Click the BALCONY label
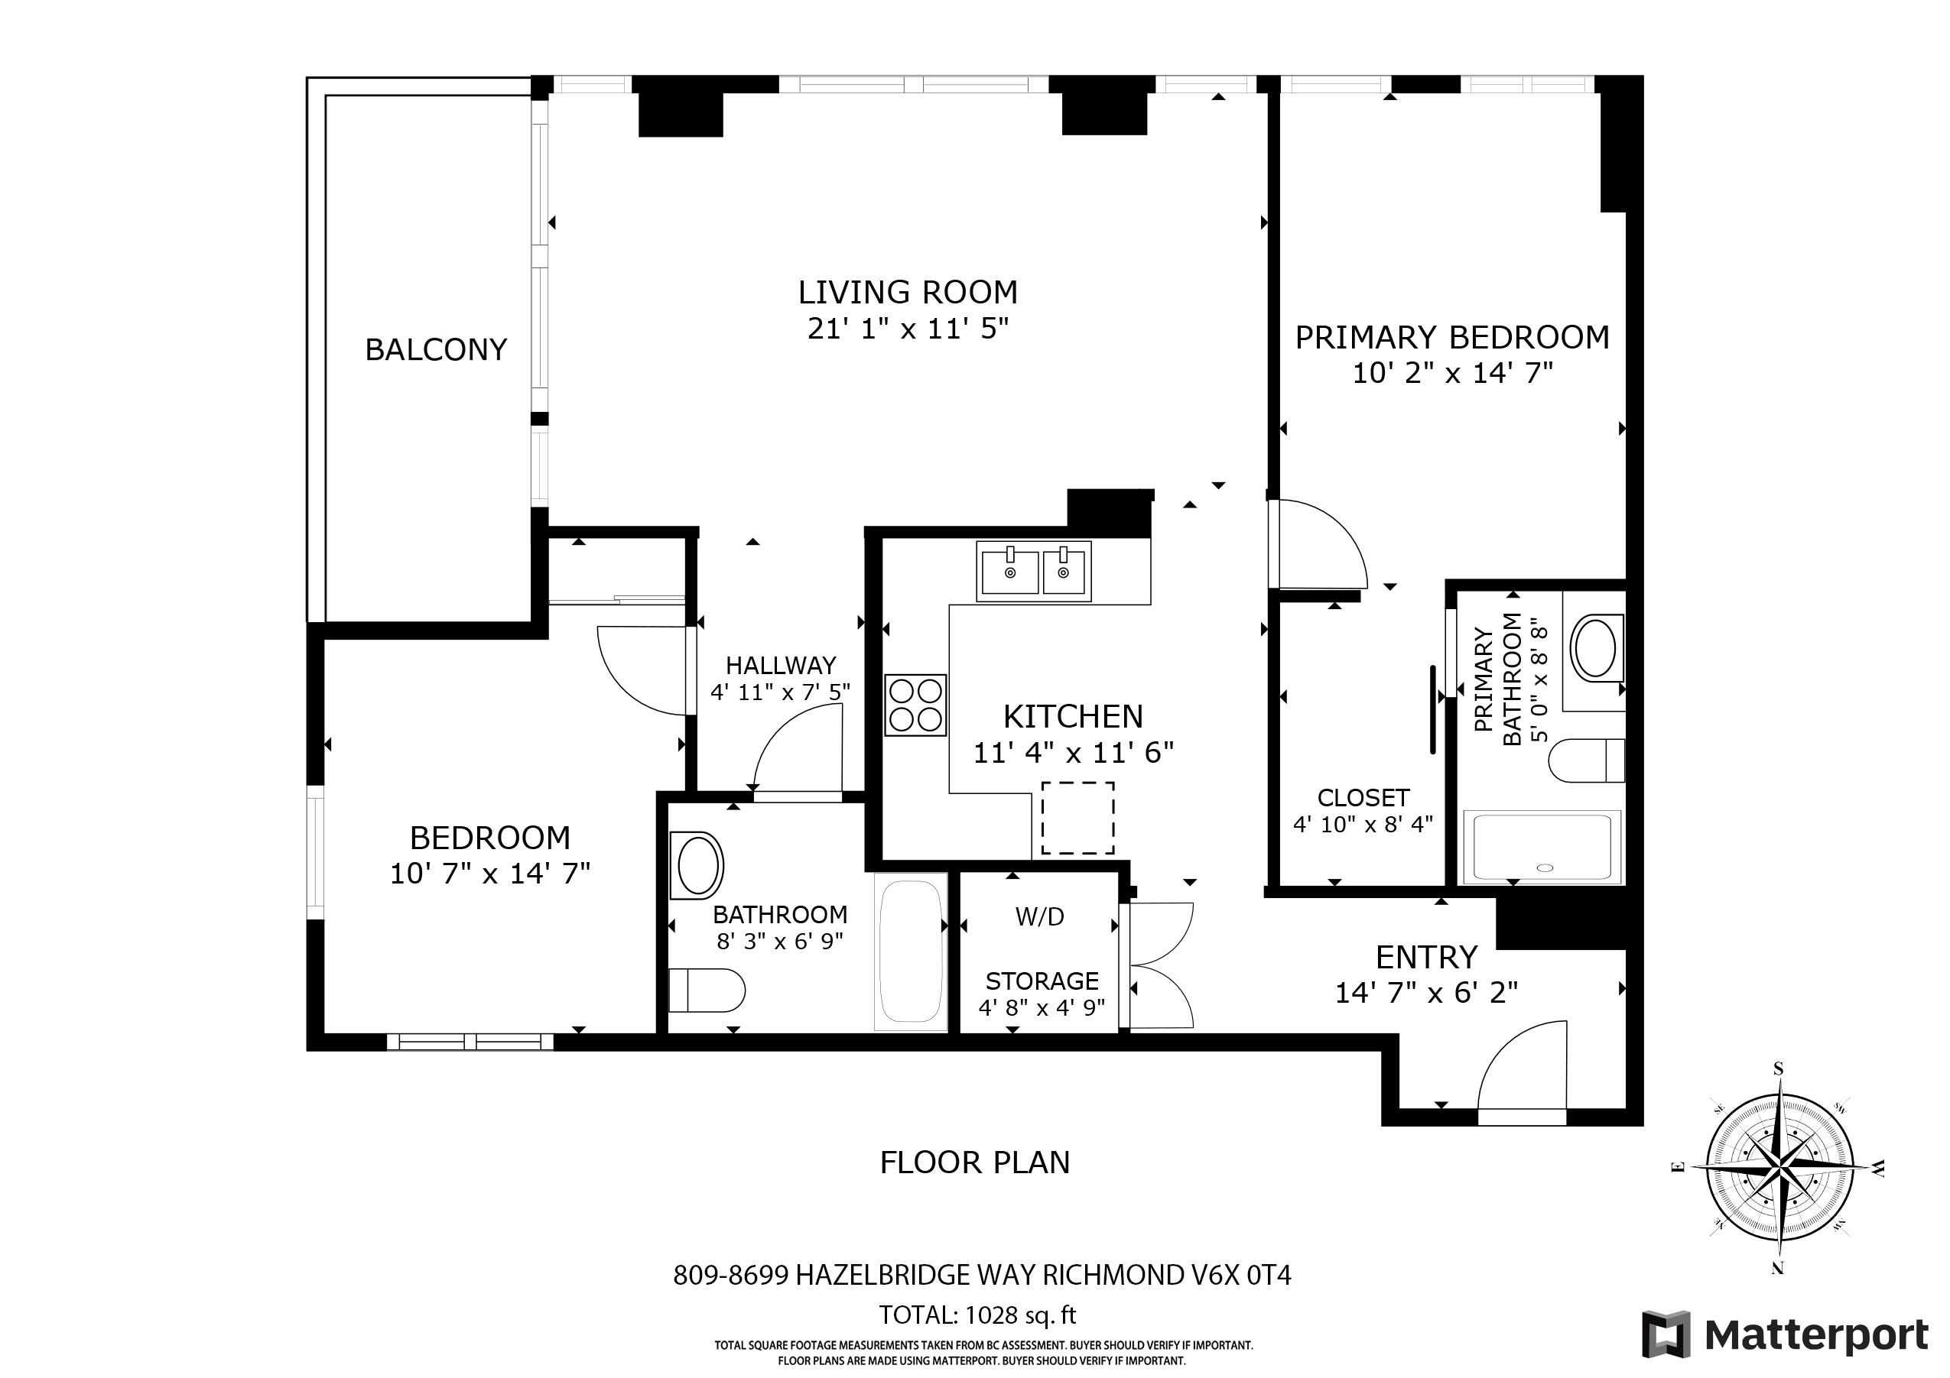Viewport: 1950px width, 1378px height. point(436,349)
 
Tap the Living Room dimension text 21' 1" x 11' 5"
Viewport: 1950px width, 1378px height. point(908,329)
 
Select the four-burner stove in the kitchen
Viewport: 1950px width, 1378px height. point(915,705)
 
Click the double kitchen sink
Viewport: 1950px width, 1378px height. point(1034,572)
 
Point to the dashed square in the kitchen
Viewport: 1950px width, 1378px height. point(1077,818)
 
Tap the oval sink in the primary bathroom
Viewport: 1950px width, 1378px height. point(1597,650)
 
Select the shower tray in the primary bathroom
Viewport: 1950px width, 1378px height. point(1542,847)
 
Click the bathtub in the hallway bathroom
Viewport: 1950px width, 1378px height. point(912,952)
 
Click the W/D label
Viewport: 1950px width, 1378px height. point(1039,917)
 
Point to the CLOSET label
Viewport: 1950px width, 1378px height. point(1363,797)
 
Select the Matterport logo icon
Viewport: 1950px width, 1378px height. point(1666,1334)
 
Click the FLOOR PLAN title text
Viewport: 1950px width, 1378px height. point(975,1162)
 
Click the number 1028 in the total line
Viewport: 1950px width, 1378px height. point(992,1315)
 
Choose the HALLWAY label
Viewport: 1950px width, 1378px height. point(781,665)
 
